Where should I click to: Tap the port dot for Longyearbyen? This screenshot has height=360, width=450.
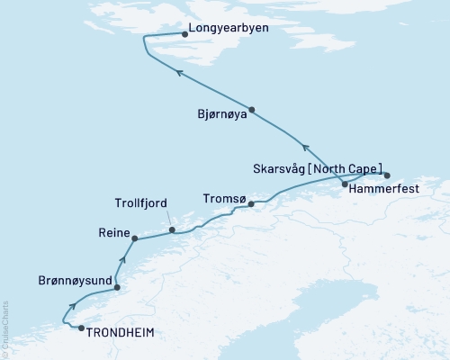pos(185,35)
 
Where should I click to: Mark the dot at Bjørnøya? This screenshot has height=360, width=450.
pos(252,110)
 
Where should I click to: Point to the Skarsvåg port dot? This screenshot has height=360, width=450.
pos(388,175)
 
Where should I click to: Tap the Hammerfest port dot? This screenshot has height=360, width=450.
pos(345,184)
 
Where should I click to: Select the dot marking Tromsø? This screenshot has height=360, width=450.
pos(252,204)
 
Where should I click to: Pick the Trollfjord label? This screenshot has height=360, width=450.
pos(142,203)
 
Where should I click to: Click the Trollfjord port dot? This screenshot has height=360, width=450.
pos(171,230)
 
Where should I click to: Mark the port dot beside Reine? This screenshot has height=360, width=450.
pos(134,238)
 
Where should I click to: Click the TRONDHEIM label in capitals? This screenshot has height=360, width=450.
pos(120,332)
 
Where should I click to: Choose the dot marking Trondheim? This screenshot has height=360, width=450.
pos(81,328)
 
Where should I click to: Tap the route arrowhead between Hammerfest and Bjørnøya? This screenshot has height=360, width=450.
pos(305,148)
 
